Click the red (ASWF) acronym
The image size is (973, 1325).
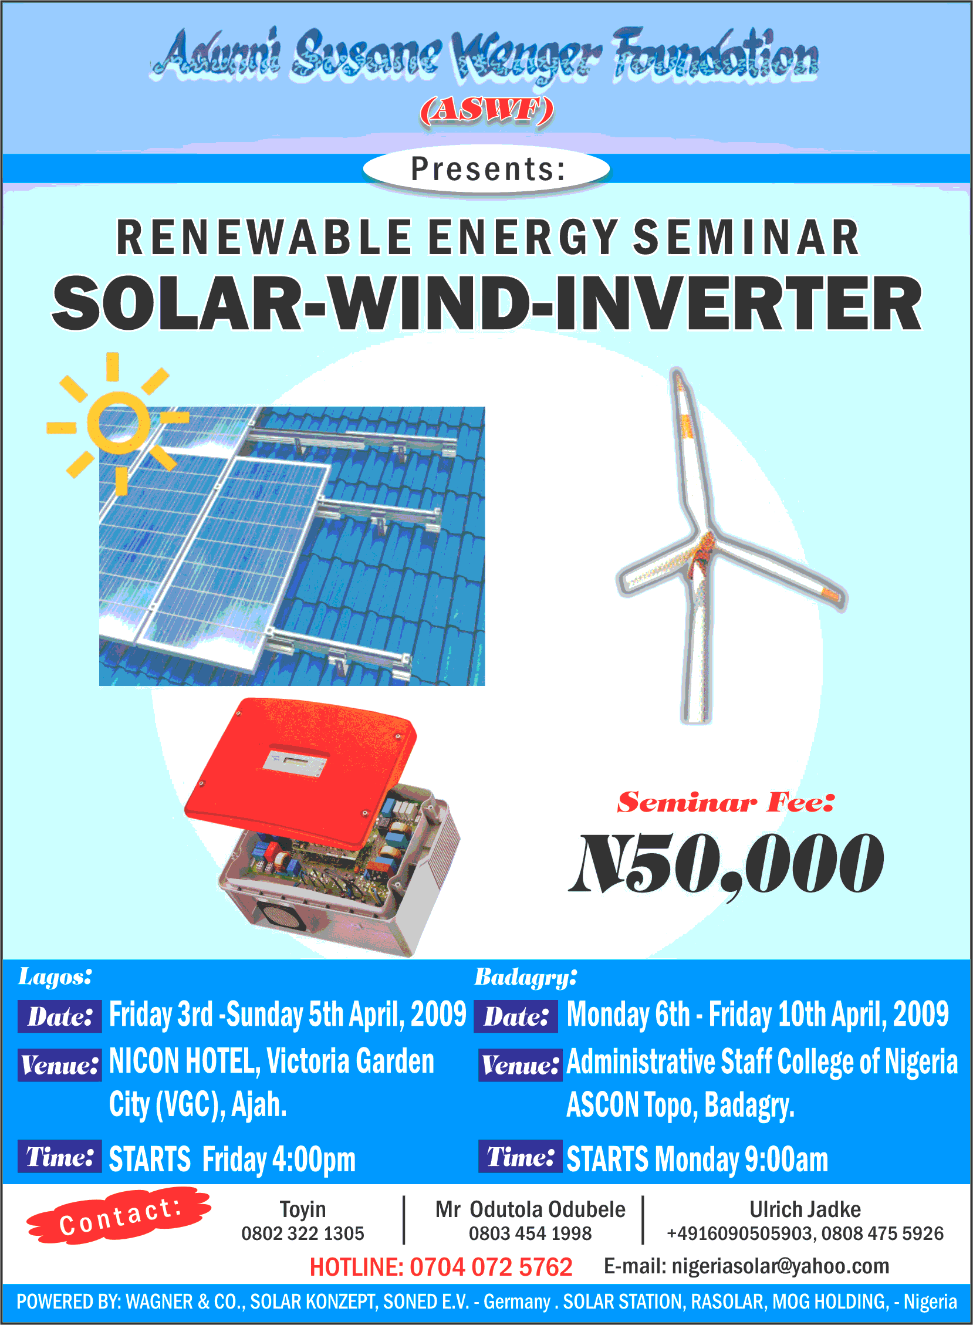pos(486,110)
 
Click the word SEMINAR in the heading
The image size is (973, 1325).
pos(746,237)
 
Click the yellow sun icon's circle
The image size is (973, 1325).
pos(119,422)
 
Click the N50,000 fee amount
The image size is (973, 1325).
pos(726,863)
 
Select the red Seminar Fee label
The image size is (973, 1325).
pos(725,802)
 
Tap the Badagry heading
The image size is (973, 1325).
pos(525,977)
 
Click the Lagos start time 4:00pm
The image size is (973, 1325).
pos(314,1160)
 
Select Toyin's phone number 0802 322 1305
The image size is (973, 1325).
pos(303,1233)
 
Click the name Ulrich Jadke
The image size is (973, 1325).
pos(805,1209)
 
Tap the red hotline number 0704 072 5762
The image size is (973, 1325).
pos(491,1267)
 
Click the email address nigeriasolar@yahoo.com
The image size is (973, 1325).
pos(781,1266)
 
